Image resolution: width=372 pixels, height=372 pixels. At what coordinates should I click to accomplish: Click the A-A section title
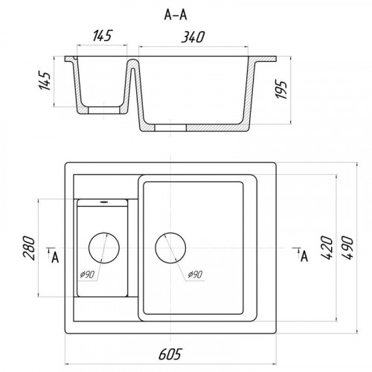pos(176,15)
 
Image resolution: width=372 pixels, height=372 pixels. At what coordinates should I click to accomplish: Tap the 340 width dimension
pos(193,37)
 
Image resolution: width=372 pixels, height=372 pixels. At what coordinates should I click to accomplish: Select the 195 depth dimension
pos(282,90)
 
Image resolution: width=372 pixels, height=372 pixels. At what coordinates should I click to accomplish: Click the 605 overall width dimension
pos(170,354)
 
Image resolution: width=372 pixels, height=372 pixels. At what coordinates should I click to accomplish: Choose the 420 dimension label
pos(327,248)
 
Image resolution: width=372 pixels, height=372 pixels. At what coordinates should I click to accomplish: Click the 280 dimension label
pos(29,248)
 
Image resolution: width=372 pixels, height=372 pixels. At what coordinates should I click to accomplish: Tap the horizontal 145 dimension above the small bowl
pos(103,36)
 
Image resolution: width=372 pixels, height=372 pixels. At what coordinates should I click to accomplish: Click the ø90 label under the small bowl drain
pos(87,275)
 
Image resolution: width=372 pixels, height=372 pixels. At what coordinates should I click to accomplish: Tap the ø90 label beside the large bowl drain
pos(195,275)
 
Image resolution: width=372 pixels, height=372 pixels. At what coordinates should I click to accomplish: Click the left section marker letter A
pos(55,257)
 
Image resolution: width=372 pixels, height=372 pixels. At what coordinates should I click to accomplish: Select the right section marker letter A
pos(304,257)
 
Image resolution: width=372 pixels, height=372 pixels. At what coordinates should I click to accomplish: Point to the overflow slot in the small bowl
pos(104,202)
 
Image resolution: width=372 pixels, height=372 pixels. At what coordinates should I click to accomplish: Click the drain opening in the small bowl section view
pos(104,111)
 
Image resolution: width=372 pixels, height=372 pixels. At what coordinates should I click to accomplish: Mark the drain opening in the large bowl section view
pos(170,127)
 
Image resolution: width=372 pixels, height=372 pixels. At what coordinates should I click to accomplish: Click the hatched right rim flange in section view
pos(265,60)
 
